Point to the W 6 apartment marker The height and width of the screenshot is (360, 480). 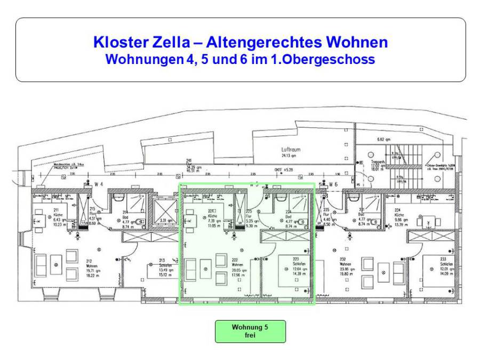click(333, 184)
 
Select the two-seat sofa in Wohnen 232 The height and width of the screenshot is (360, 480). click(367, 263)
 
